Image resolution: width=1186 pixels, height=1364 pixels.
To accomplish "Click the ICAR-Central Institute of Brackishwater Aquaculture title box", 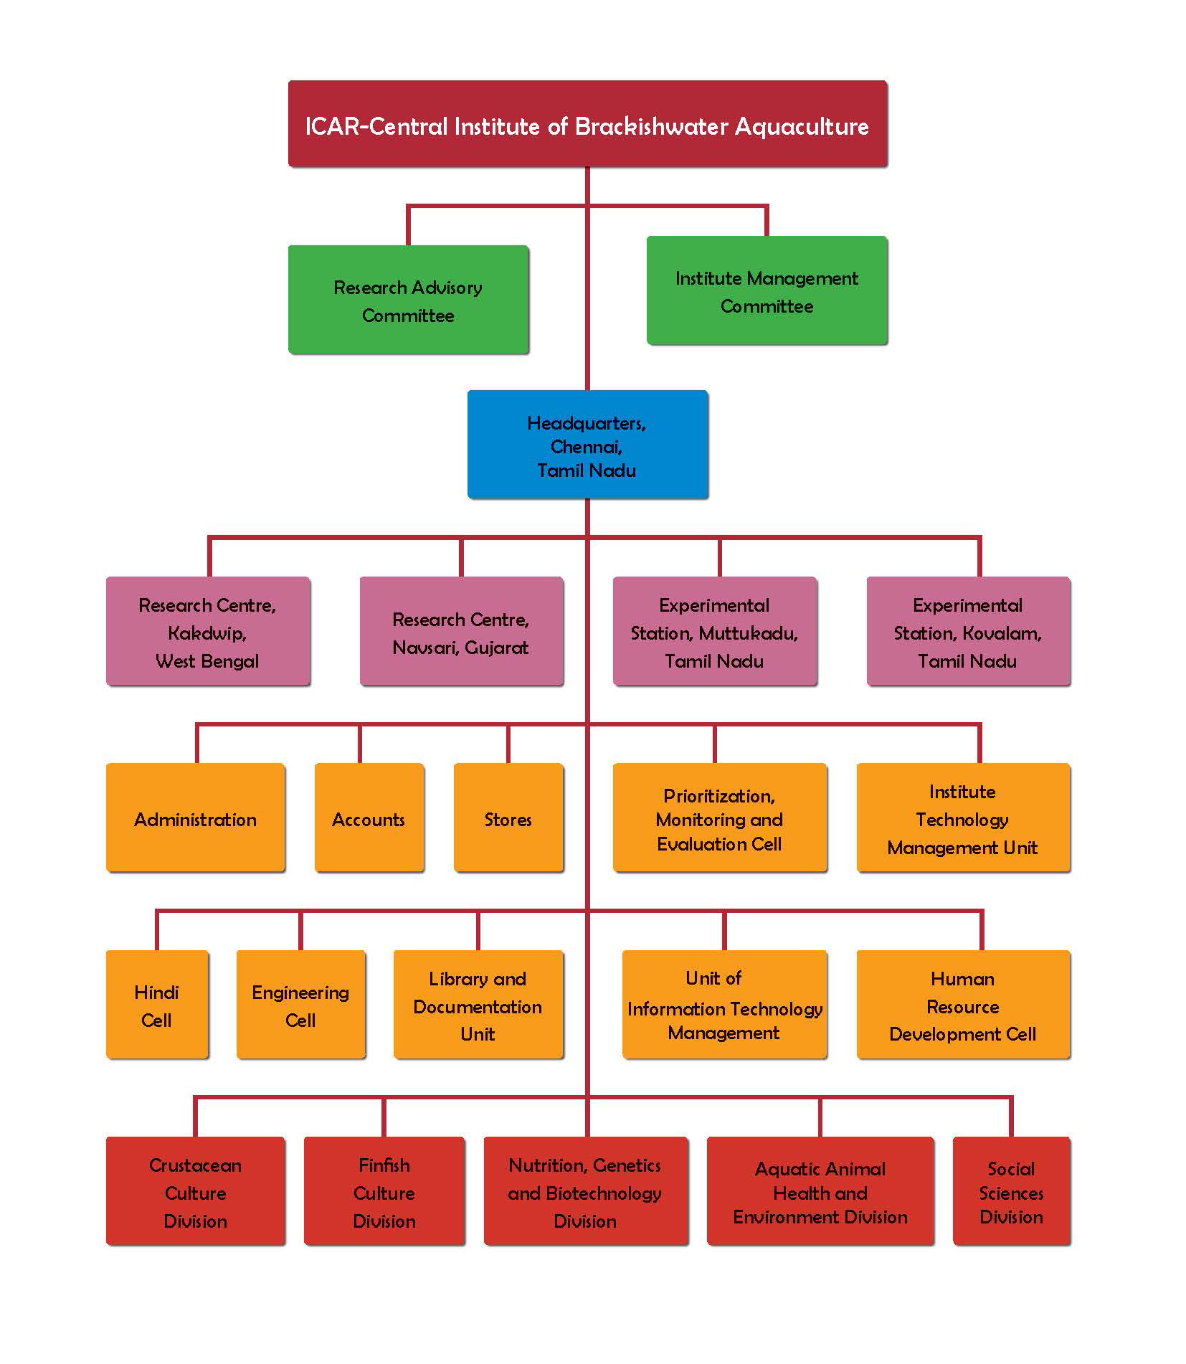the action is tap(587, 124).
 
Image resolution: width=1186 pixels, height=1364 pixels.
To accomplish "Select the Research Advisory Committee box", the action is tap(408, 300).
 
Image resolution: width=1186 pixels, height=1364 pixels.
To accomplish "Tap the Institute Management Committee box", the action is tap(767, 290).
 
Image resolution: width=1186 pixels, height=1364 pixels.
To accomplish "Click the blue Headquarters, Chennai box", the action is tap(587, 445).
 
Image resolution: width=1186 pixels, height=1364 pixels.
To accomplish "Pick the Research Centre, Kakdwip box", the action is tap(208, 631).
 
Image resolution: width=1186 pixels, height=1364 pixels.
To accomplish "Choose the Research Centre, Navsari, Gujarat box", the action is tap(461, 631).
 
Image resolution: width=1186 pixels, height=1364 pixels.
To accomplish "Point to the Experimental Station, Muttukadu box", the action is tap(715, 631).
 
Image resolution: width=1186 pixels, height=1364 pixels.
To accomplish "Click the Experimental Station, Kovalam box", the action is tap(968, 631).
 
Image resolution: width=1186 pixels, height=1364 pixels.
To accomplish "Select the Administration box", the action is tap(195, 818).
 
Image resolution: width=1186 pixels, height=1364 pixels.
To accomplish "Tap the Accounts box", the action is tap(369, 818).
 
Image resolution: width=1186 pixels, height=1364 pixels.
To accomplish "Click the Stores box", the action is tap(508, 818).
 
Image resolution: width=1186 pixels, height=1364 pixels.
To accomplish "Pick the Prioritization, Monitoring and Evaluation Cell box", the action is tap(720, 818).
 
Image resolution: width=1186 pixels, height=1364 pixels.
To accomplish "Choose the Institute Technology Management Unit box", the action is tap(963, 818).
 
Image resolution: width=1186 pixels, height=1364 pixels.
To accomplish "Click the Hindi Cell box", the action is tap(157, 1005).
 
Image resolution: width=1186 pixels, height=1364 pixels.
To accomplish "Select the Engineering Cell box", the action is tap(300, 1005).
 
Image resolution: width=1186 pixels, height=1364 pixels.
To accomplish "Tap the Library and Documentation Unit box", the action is tap(478, 1005).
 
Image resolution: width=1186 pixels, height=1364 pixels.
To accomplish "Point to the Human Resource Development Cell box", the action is tap(963, 1005).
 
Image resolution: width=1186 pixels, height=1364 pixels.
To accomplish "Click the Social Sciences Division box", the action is tap(1011, 1191).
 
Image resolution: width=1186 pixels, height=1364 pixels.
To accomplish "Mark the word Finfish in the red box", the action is tap(384, 1165).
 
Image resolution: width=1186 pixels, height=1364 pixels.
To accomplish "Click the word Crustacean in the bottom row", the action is tap(195, 1165).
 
